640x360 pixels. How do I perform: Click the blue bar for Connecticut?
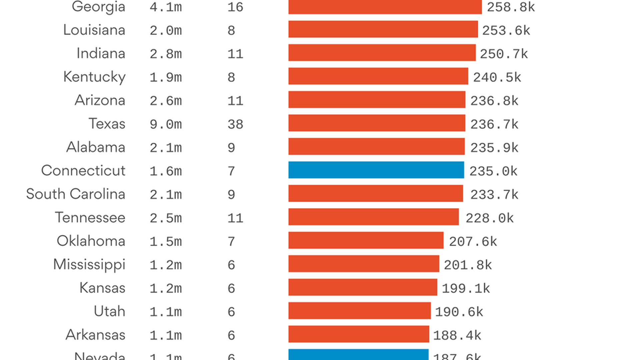tap(376, 170)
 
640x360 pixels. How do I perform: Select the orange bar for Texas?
tap(377, 123)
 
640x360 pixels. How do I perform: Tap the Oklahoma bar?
tap(366, 240)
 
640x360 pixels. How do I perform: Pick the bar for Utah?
tap(359, 311)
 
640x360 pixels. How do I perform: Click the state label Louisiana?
tap(94, 30)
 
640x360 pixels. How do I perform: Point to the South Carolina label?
tap(76, 194)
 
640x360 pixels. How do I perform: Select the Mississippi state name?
tap(89, 265)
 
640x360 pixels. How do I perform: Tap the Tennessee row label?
tap(90, 218)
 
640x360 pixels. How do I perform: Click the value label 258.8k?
tap(511, 7)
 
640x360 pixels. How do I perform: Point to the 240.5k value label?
tap(497, 77)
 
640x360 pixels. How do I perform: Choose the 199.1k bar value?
tap(466, 288)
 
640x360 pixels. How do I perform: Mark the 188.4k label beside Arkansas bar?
tap(457, 335)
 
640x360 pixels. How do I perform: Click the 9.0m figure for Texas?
tap(166, 124)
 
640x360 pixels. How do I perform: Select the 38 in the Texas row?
tap(235, 124)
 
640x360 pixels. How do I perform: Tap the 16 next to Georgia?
tap(235, 7)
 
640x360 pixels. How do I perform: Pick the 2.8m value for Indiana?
tap(166, 54)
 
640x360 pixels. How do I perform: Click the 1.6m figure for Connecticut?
tap(166, 171)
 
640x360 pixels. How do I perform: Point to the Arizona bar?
tap(377, 99)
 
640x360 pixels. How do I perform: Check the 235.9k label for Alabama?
tap(494, 148)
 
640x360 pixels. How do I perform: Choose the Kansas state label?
tap(102, 288)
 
